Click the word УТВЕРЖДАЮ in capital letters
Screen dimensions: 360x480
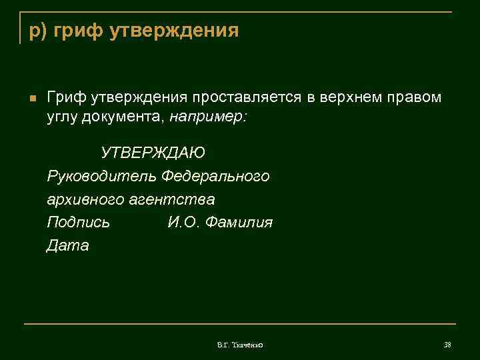pyautogui.click(x=153, y=153)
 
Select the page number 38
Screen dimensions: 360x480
pyautogui.click(x=447, y=344)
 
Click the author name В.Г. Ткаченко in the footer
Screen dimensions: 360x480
pyautogui.click(x=241, y=344)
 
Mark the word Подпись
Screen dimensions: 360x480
pyautogui.click(x=78, y=223)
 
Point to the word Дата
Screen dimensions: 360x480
pyautogui.click(x=67, y=246)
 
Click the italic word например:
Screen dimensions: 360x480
pyautogui.click(x=207, y=117)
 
